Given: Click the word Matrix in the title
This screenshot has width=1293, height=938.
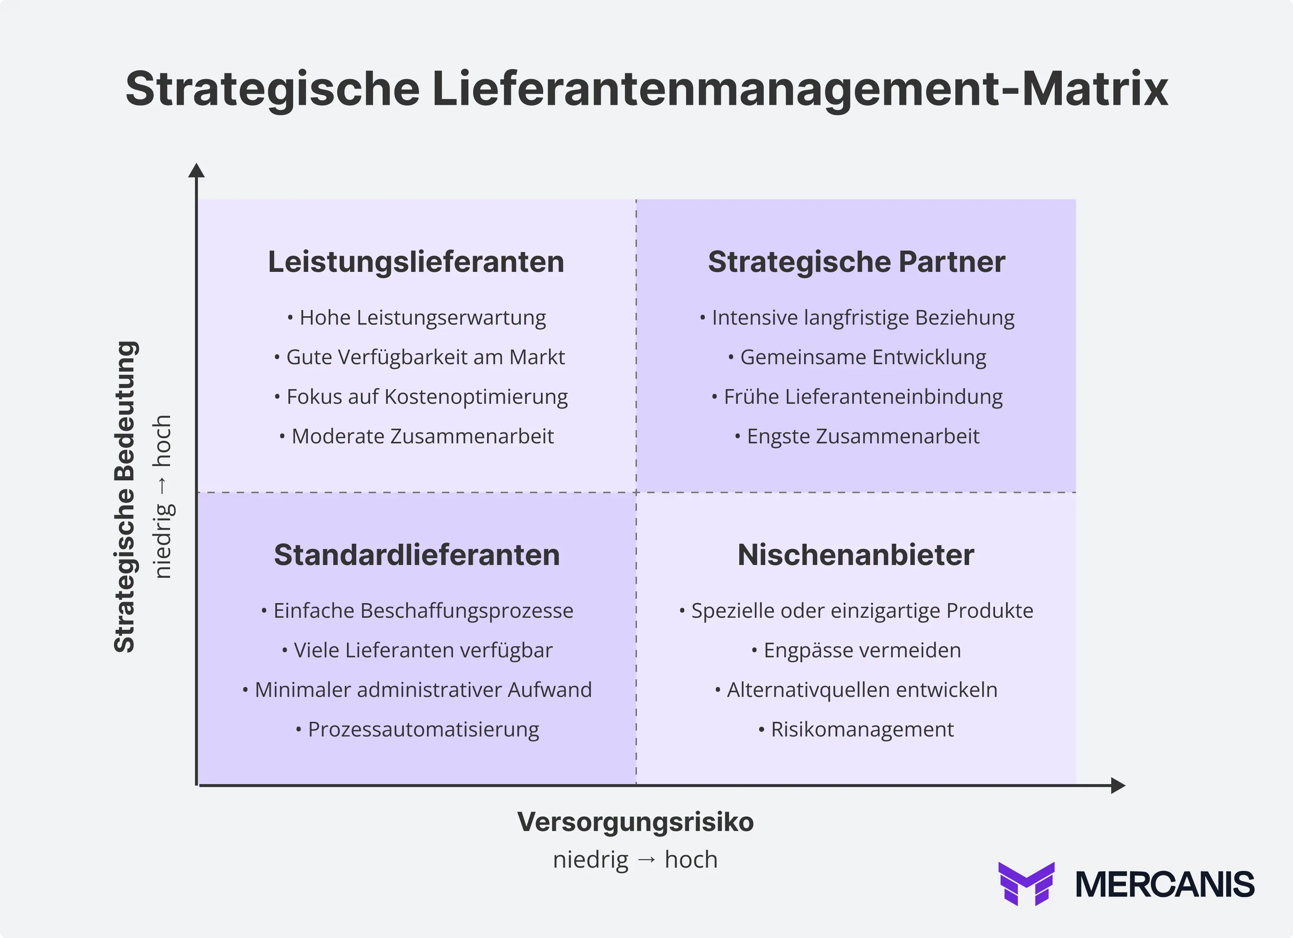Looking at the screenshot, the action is click(1095, 89).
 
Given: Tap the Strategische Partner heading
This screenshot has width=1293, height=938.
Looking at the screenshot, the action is click(856, 262).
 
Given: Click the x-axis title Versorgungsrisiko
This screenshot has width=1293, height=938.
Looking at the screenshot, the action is click(635, 822).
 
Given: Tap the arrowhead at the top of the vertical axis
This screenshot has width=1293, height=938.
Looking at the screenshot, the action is click(196, 170).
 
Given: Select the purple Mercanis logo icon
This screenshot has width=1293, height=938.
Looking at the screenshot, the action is click(1026, 883).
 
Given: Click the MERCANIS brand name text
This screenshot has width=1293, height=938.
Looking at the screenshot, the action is click(1165, 885).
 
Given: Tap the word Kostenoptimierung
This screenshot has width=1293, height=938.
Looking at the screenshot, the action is click(476, 396).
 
